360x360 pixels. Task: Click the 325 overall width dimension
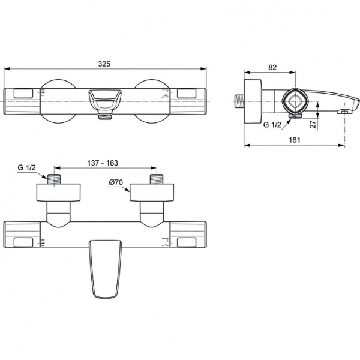(x=106, y=63)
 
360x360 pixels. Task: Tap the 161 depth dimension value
(x=294, y=139)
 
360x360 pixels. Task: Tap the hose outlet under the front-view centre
(x=106, y=114)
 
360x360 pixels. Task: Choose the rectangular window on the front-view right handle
(x=189, y=94)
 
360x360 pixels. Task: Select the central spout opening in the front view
(x=106, y=97)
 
